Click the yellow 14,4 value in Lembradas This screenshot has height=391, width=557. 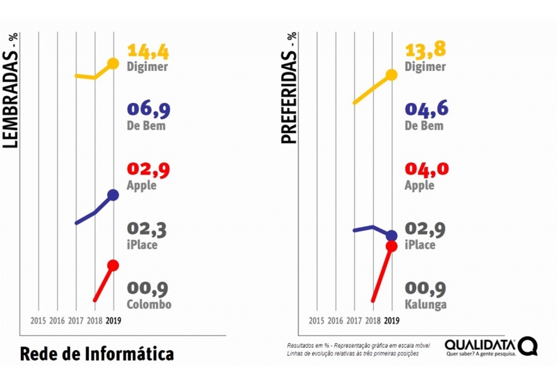[x=148, y=51]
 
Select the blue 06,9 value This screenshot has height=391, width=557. [x=148, y=110]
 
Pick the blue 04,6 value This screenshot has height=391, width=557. [x=425, y=110]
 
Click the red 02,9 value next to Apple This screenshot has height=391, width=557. [x=148, y=170]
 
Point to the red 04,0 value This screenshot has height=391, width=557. [x=425, y=170]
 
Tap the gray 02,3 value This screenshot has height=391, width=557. [x=148, y=229]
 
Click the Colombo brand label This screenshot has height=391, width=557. [x=149, y=304]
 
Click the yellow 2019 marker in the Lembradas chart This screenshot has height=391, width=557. [x=113, y=64]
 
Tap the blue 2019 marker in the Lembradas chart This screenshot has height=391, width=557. [x=113, y=195]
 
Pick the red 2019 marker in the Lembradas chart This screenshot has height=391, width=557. [x=113, y=265]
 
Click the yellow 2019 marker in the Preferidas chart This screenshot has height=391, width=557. [x=391, y=74]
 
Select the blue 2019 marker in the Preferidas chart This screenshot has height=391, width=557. [x=391, y=236]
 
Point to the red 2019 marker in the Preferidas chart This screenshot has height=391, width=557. [x=391, y=246]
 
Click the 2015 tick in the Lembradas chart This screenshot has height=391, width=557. [x=38, y=321]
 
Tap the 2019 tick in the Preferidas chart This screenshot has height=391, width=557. [x=391, y=321]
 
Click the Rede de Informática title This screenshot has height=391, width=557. [x=97, y=353]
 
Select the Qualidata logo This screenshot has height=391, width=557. [x=491, y=347]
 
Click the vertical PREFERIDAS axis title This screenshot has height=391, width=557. [x=289, y=88]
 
